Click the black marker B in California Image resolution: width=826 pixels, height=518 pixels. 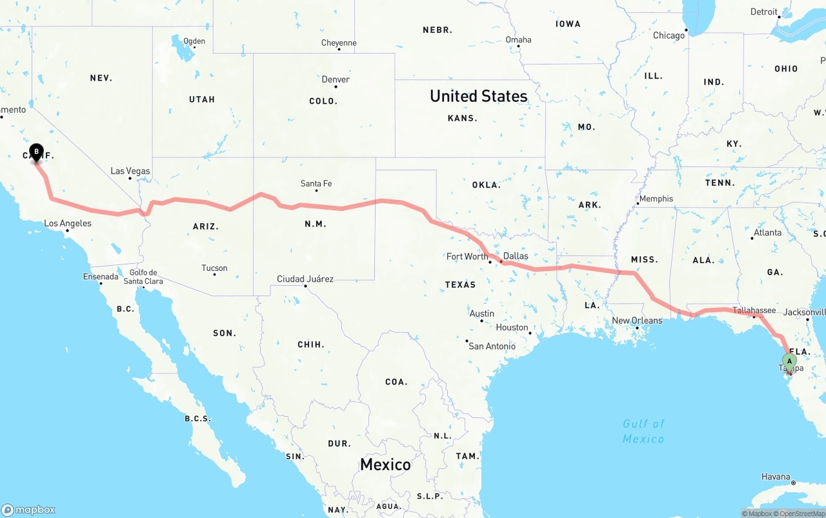pyautogui.click(x=36, y=152)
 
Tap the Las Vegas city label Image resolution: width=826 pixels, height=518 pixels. pyautogui.click(x=130, y=171)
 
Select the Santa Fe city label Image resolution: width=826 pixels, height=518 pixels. pyautogui.click(x=316, y=184)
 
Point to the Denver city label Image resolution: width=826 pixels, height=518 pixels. pyautogui.click(x=336, y=79)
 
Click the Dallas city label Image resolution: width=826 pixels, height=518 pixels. pyautogui.click(x=516, y=256)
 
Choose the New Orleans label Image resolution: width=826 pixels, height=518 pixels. pyautogui.click(x=637, y=321)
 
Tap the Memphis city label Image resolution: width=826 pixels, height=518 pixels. pyautogui.click(x=656, y=199)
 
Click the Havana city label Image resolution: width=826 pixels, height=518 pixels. pyautogui.click(x=776, y=477)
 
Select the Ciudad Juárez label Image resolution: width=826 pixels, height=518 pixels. pyautogui.click(x=305, y=279)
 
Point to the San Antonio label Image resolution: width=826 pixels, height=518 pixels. pyautogui.click(x=492, y=346)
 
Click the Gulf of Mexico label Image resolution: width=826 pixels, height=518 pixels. pyautogui.click(x=643, y=431)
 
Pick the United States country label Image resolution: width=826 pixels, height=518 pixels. pyautogui.click(x=478, y=96)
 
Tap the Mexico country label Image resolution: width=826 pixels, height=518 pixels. pyautogui.click(x=385, y=464)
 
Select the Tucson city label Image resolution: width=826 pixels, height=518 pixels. pyautogui.click(x=214, y=268)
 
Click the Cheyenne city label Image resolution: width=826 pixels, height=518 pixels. pyautogui.click(x=339, y=43)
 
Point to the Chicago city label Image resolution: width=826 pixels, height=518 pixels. pyautogui.click(x=669, y=35)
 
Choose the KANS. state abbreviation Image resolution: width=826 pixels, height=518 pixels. pyautogui.click(x=463, y=118)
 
